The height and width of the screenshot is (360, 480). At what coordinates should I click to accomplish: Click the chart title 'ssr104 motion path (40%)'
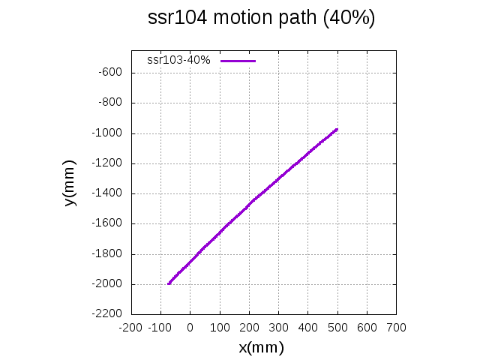[x=261, y=19]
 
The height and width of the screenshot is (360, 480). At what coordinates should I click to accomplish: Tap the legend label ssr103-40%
[x=178, y=60]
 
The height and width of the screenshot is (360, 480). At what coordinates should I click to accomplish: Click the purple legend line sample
[x=238, y=60]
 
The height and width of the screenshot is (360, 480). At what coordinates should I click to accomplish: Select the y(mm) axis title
[x=70, y=183]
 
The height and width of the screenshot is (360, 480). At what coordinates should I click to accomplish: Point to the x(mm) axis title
[x=261, y=347]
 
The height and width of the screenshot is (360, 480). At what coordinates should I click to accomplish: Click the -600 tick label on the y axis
[x=111, y=73]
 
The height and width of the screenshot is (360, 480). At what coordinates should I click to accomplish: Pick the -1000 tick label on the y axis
[x=109, y=133]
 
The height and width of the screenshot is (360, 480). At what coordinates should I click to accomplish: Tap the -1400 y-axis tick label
[x=109, y=193]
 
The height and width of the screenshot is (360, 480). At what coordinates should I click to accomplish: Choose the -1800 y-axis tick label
[x=109, y=254]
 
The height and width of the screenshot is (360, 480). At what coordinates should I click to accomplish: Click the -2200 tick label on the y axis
[x=109, y=314]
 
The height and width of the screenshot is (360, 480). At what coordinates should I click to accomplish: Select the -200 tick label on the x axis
[x=130, y=328]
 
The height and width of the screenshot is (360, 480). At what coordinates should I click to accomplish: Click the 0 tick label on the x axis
[x=190, y=328]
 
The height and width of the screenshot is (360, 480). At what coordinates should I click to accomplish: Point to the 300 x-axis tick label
[x=278, y=328]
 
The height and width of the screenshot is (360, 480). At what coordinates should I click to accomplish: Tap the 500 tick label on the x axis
[x=337, y=328]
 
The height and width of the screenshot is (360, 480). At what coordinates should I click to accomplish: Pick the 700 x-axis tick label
[x=396, y=328]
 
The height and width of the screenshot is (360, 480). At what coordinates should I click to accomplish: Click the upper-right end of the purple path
[x=337, y=129]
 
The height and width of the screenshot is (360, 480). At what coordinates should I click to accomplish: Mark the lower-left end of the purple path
[x=169, y=283]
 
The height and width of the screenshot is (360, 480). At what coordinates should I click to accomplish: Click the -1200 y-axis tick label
[x=109, y=163]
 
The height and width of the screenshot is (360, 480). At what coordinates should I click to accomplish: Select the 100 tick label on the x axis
[x=219, y=328]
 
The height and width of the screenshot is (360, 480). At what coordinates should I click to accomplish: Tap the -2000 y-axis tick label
[x=109, y=284]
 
